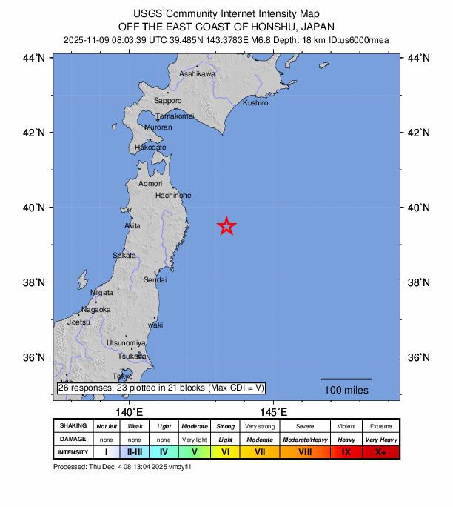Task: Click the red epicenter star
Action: pyautogui.click(x=226, y=227)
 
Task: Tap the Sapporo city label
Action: pyautogui.click(x=167, y=100)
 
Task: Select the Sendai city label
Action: pyautogui.click(x=155, y=279)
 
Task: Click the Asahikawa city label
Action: pyautogui.click(x=197, y=74)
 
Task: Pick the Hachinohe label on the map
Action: pyautogui.click(x=173, y=195)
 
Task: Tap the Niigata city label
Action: pyautogui.click(x=101, y=293)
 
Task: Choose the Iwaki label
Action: pyautogui.click(x=154, y=325)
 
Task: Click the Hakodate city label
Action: pyautogui.click(x=150, y=148)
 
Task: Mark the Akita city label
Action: pyautogui.click(x=132, y=225)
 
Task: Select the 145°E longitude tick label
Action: pyautogui.click(x=273, y=411)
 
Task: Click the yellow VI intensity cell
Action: pyautogui.click(x=226, y=451)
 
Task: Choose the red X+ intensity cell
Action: pyautogui.click(x=380, y=451)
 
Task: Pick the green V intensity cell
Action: pyautogui.click(x=194, y=451)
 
